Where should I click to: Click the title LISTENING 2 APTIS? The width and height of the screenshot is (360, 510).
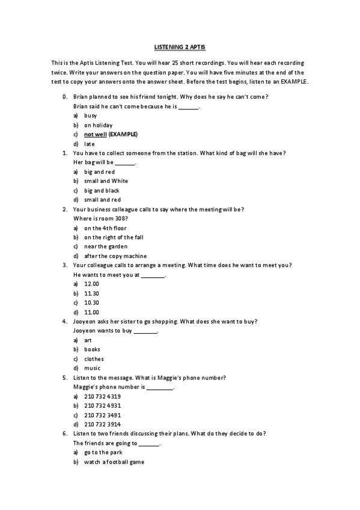click(x=180, y=46)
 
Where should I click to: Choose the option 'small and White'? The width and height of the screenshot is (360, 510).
click(x=106, y=180)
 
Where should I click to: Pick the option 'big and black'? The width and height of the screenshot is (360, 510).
click(x=102, y=190)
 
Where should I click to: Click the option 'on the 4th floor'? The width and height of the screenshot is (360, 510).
click(x=105, y=228)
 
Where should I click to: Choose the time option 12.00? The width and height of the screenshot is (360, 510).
click(x=91, y=284)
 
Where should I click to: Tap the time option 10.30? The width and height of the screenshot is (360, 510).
click(x=91, y=303)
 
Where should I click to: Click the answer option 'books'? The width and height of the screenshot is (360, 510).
click(x=92, y=349)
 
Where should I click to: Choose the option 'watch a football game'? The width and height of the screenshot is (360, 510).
click(x=114, y=462)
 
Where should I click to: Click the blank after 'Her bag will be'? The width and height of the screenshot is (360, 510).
click(x=125, y=163)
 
